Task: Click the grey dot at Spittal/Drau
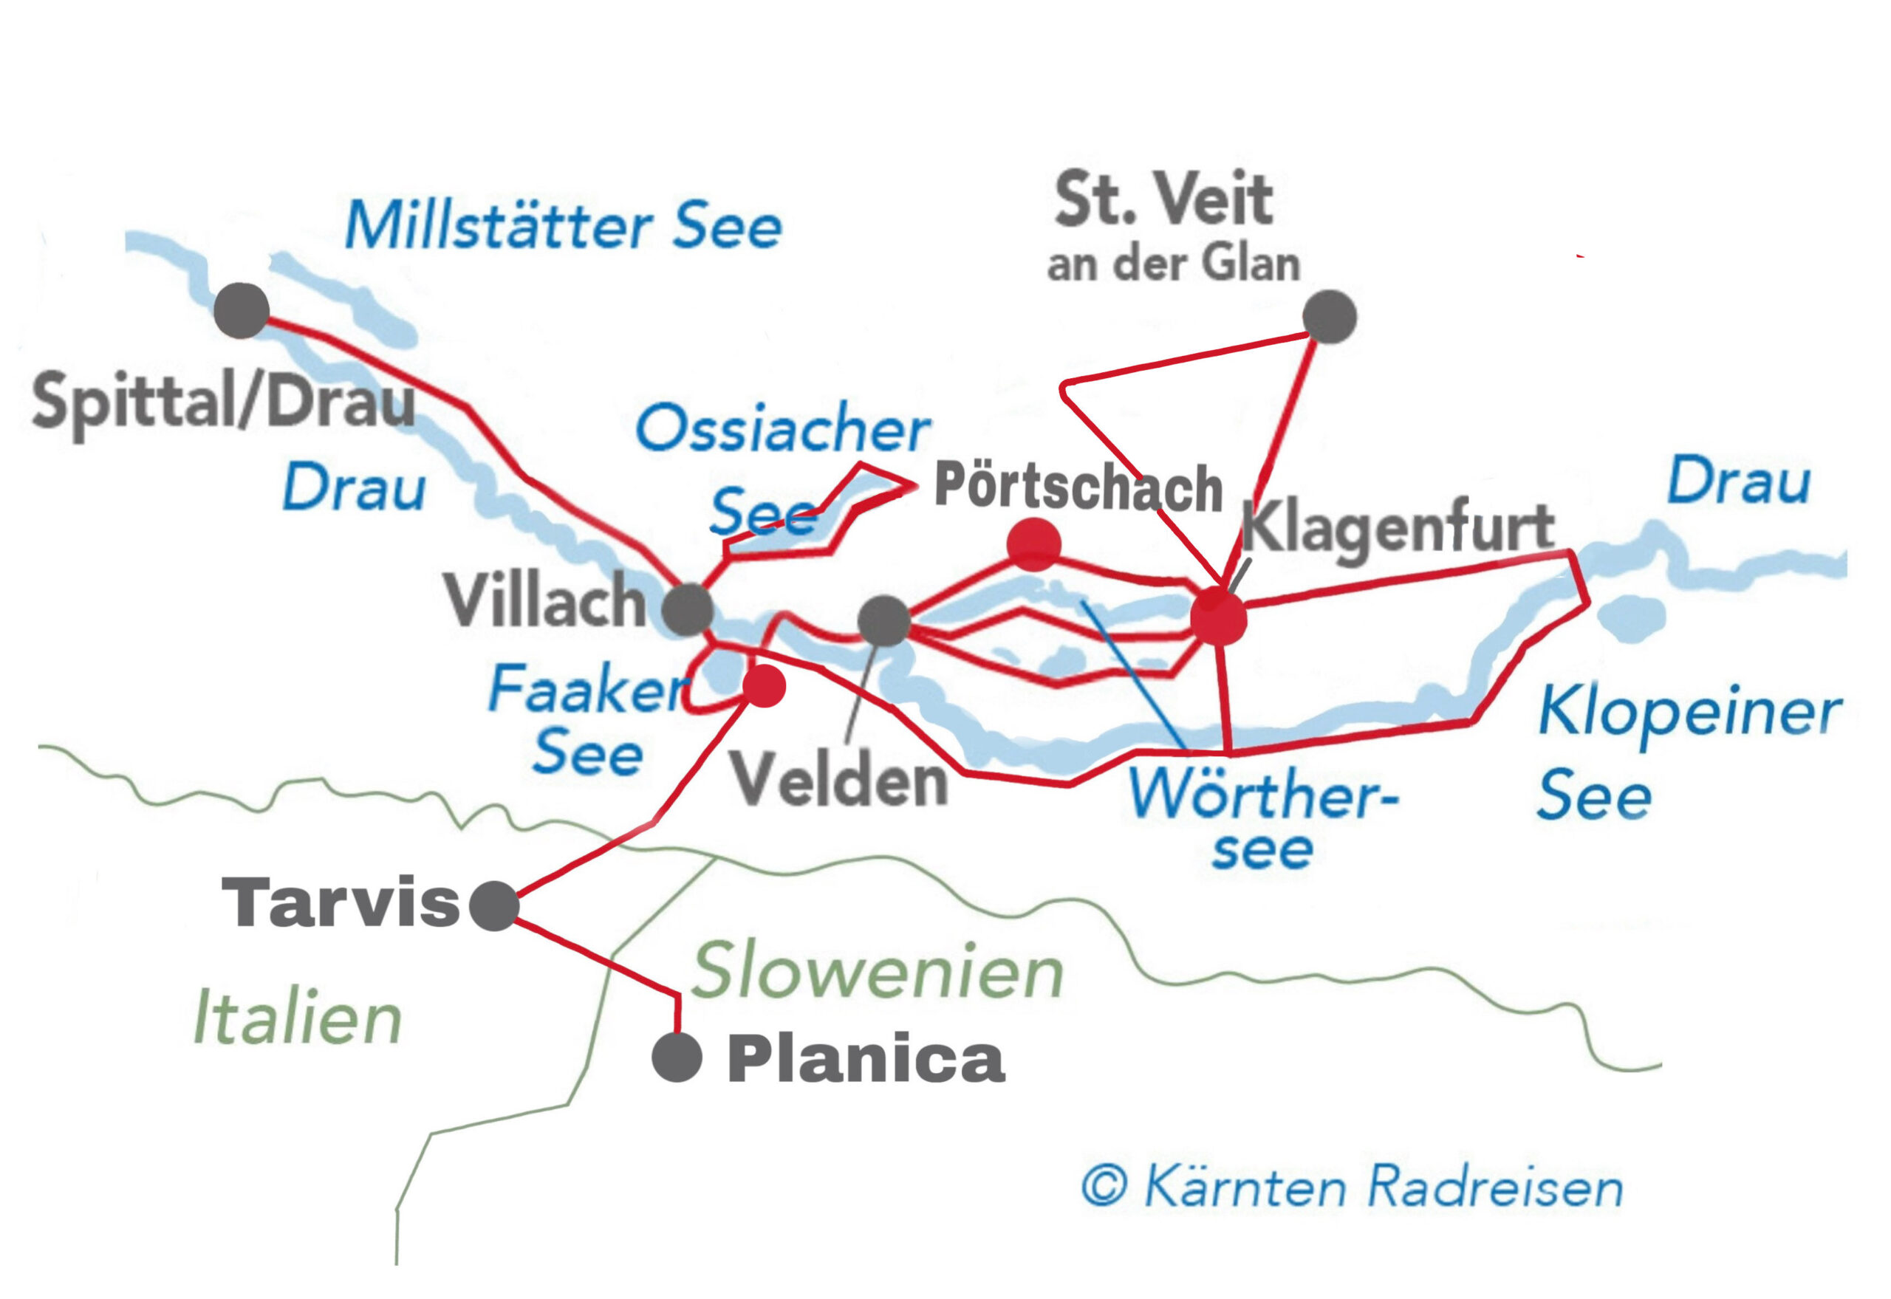pos(242,311)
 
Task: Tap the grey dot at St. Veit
pos(1329,317)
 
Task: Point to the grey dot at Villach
pos(688,609)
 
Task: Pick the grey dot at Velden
pos(884,621)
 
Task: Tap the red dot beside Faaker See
pos(764,685)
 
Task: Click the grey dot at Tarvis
pos(494,906)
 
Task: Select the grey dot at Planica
pos(677,1058)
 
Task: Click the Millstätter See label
pos(564,225)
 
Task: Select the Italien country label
pos(298,1018)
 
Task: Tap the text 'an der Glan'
pos(1173,264)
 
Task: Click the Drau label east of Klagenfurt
pos(1739,481)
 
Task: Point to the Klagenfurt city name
pos(1398,528)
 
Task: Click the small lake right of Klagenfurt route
pos(1630,618)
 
